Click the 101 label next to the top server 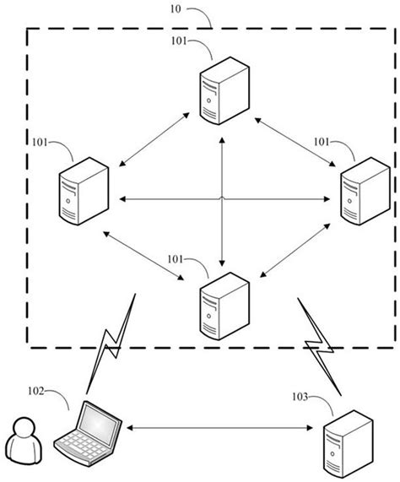(180, 41)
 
